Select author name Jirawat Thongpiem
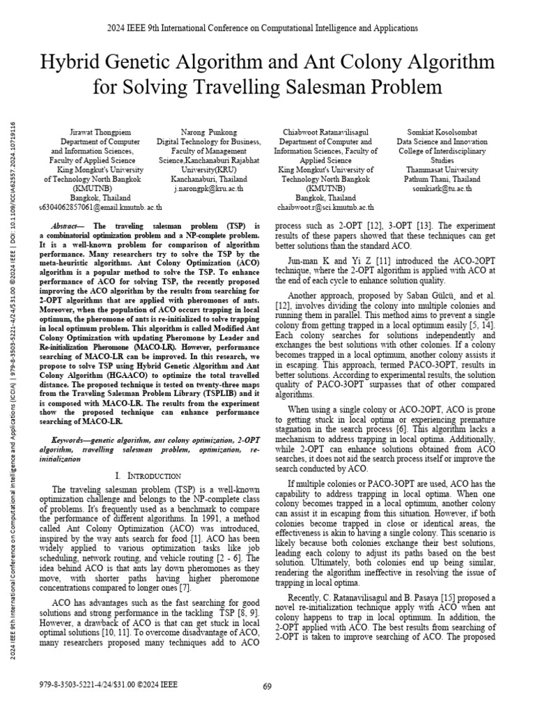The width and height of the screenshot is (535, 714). [x=93, y=132]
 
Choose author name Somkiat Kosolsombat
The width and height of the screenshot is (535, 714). [x=442, y=132]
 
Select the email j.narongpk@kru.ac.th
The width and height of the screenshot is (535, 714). [x=209, y=188]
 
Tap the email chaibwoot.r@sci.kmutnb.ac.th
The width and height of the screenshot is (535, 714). [x=325, y=207]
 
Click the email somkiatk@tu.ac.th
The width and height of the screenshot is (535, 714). [x=442, y=188]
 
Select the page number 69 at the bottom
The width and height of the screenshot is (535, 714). [x=267, y=687]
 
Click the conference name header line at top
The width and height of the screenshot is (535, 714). [x=267, y=28]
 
